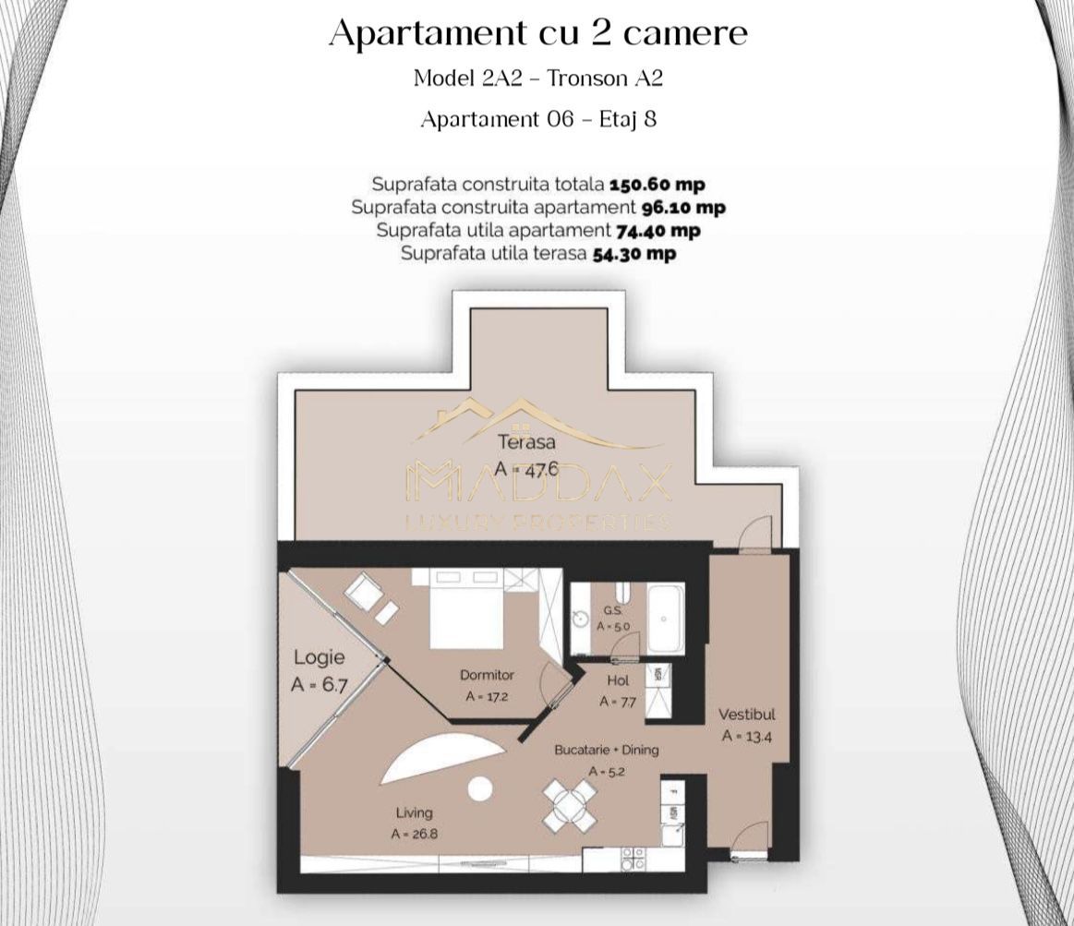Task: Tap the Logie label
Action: pyautogui.click(x=319, y=657)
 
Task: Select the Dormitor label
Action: pyautogui.click(x=487, y=675)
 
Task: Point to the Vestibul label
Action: pyautogui.click(x=747, y=714)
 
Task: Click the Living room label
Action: pyautogui.click(x=414, y=812)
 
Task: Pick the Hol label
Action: pyautogui.click(x=618, y=680)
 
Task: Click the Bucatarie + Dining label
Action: pyautogui.click(x=607, y=750)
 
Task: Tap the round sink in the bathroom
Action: pyautogui.click(x=580, y=618)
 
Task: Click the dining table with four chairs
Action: pyautogui.click(x=570, y=804)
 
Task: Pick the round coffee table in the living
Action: pyautogui.click(x=479, y=788)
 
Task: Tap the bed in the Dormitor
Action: pyautogui.click(x=466, y=616)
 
